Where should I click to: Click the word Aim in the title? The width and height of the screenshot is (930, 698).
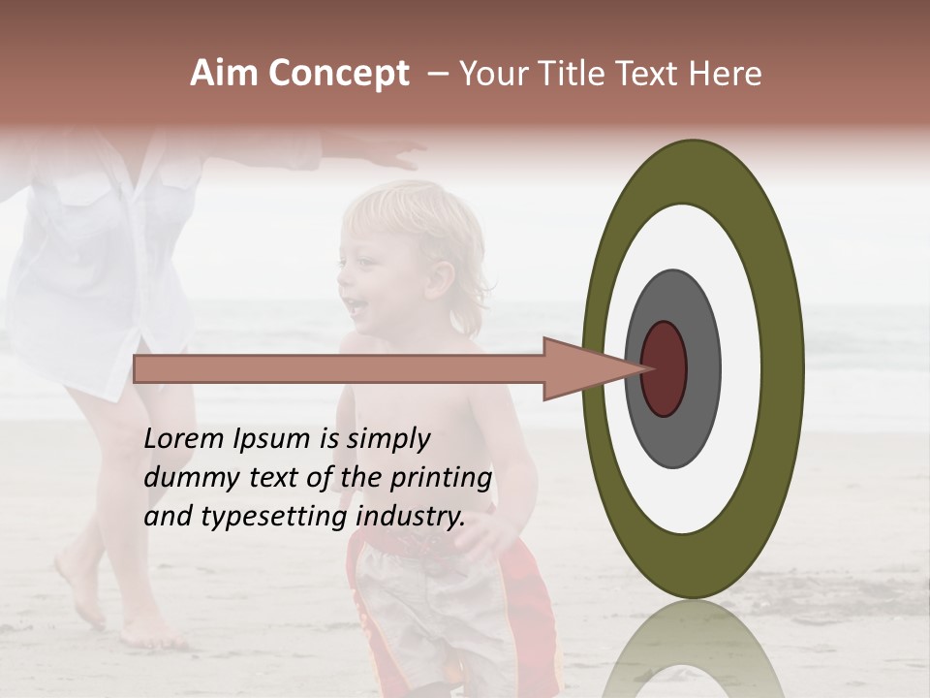tap(224, 74)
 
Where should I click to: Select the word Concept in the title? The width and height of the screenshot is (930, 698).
tap(337, 74)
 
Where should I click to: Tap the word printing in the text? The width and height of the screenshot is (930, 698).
tap(441, 478)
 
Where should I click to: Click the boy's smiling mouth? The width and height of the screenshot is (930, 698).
tap(356, 306)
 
